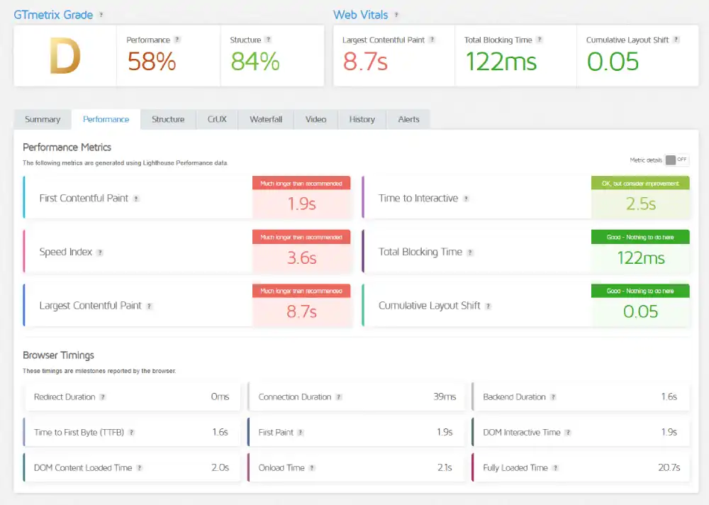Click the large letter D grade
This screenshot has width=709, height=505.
[x=65, y=57]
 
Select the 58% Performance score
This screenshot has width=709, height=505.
[x=151, y=62]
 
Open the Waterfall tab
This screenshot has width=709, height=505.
[x=266, y=119]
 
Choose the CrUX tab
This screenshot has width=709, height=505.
[x=217, y=119]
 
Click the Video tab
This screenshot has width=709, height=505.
[x=316, y=119]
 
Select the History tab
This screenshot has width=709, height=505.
[x=362, y=119]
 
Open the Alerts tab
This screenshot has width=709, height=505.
[x=408, y=119]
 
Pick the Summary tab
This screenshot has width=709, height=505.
[x=43, y=119]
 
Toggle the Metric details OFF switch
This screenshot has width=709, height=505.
[x=676, y=160]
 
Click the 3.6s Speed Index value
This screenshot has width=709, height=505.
[x=301, y=258]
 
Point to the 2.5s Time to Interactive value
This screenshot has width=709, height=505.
[x=640, y=204]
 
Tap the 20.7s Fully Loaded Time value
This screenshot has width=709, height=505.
[x=669, y=468]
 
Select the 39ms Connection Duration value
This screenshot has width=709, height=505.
[x=445, y=397]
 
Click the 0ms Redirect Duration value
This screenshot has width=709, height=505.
[x=220, y=397]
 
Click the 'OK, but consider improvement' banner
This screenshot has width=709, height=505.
[x=640, y=184]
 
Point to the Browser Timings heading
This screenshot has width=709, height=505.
[x=58, y=355]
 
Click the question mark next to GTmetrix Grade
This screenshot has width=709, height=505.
[x=101, y=15]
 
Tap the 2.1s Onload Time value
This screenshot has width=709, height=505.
[x=445, y=468]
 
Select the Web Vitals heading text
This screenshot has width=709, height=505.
[x=361, y=15]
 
